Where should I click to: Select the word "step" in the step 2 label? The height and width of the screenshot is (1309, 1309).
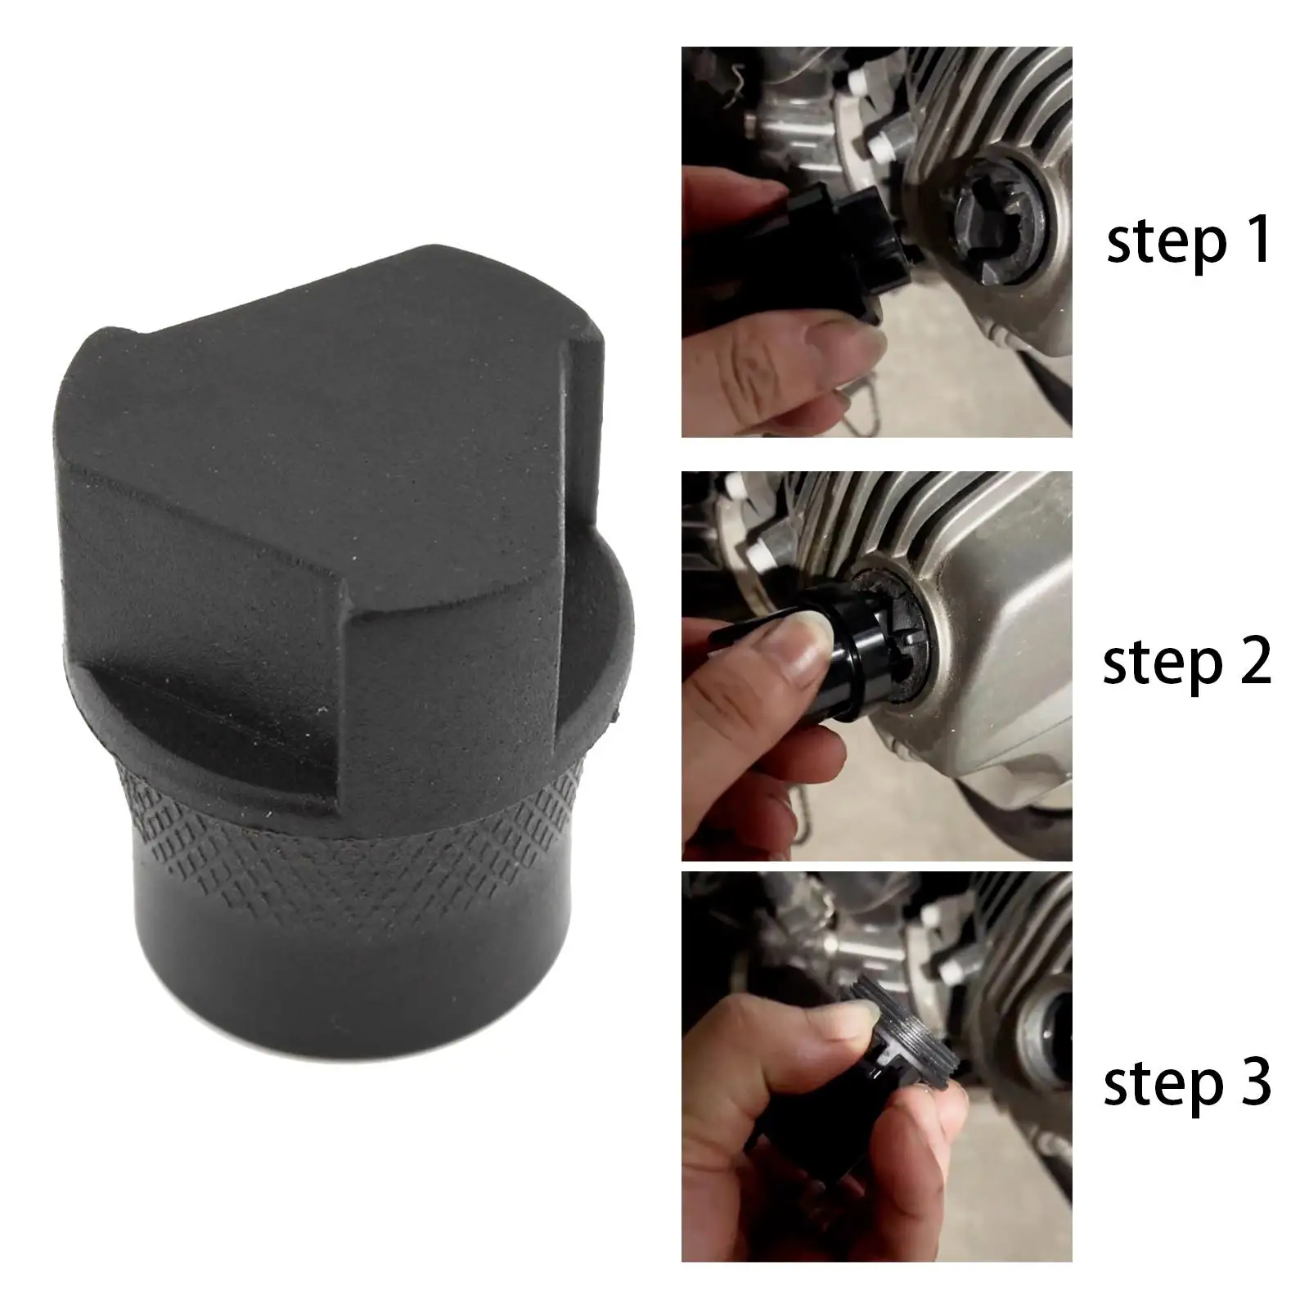tap(1154, 663)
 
